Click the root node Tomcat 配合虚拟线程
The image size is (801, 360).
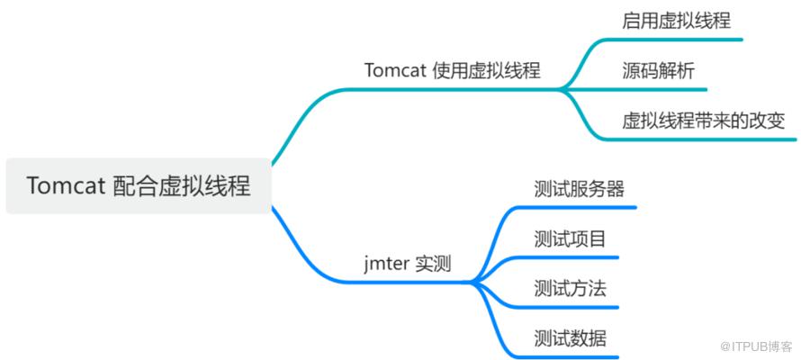(x=139, y=186)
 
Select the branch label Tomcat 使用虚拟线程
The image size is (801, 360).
(x=453, y=70)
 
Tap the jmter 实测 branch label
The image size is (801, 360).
(x=408, y=265)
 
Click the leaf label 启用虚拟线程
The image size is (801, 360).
(x=677, y=21)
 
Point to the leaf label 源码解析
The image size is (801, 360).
(x=659, y=70)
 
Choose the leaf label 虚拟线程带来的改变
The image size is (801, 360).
(x=704, y=121)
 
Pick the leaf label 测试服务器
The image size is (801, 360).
(x=580, y=189)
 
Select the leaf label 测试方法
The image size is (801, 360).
(x=570, y=289)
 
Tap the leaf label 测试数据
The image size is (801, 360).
(x=570, y=338)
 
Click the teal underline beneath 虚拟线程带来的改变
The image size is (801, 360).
(x=700, y=139)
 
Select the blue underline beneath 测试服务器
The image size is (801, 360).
(x=576, y=207)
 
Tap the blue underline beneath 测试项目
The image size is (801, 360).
(x=567, y=257)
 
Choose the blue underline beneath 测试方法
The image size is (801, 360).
(x=567, y=308)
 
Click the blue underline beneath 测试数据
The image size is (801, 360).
(x=567, y=357)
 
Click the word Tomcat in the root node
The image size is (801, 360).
(x=66, y=186)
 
